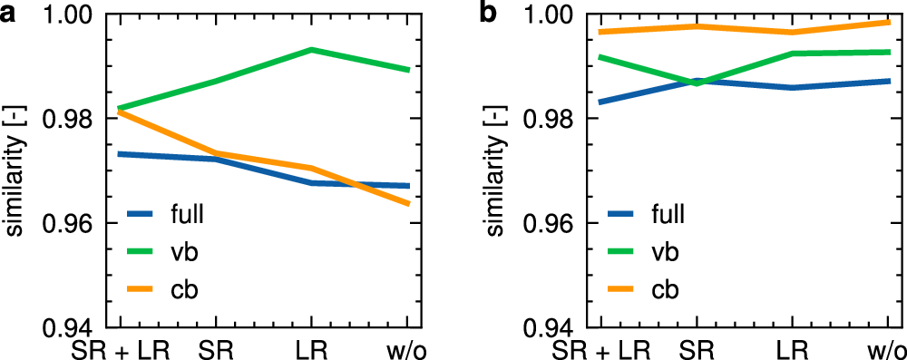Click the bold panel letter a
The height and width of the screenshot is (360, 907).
click(x=8, y=15)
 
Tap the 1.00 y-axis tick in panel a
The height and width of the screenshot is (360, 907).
click(x=78, y=15)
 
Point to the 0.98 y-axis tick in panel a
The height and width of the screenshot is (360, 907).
click(x=78, y=119)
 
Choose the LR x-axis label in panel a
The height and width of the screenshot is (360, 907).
click(x=312, y=348)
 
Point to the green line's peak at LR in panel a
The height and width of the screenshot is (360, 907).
click(x=311, y=50)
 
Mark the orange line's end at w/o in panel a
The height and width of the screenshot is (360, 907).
click(x=409, y=204)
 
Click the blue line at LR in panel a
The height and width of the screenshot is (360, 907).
click(x=311, y=183)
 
